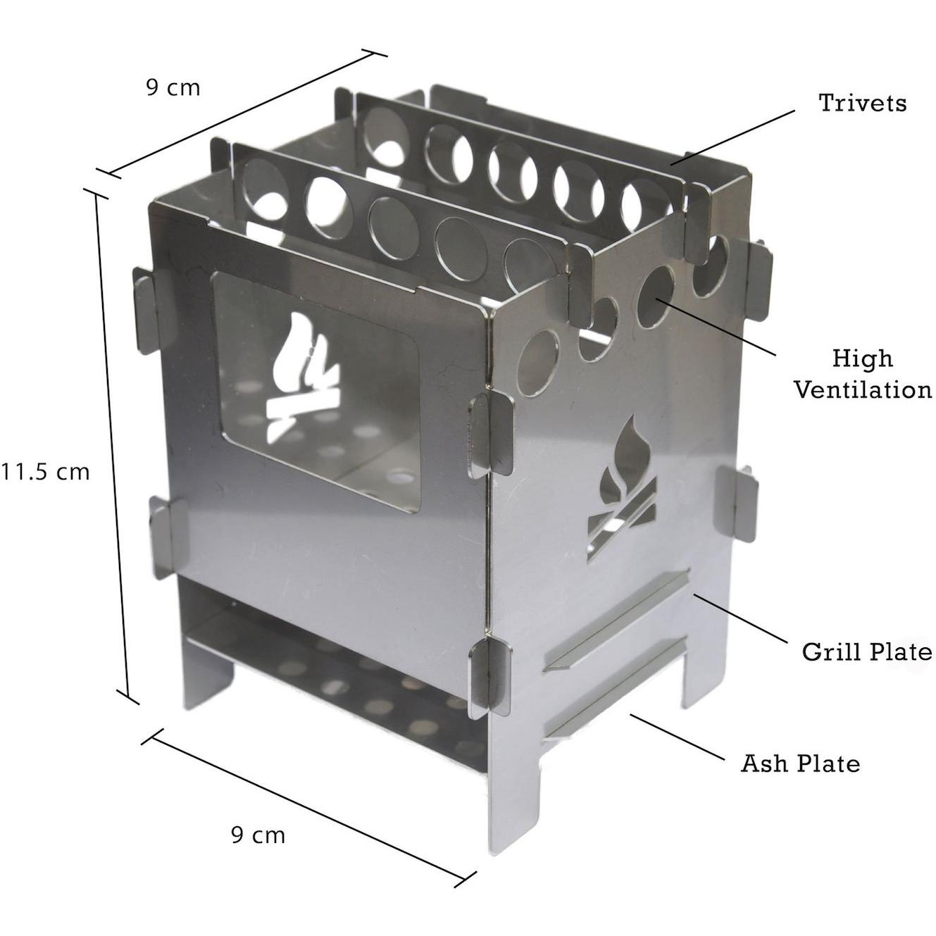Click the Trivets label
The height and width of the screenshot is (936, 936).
(x=862, y=103)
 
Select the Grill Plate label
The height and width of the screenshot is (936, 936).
(x=866, y=652)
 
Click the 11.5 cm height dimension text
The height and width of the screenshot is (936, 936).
(x=45, y=472)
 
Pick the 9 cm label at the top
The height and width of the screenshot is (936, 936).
(x=173, y=88)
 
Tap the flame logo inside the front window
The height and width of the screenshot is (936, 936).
(x=302, y=375)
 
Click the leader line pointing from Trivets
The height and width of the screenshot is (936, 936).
(x=732, y=137)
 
